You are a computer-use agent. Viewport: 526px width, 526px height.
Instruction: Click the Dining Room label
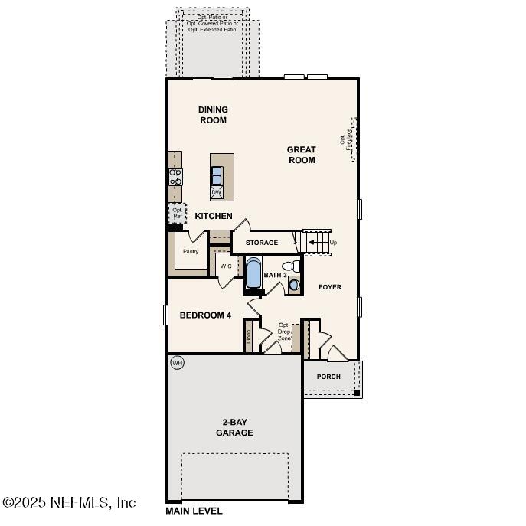click(x=213, y=115)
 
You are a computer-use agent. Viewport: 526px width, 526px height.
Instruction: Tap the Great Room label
click(x=301, y=155)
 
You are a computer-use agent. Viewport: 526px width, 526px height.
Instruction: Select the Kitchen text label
click(x=213, y=216)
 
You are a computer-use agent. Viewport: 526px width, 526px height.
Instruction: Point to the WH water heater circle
click(x=178, y=362)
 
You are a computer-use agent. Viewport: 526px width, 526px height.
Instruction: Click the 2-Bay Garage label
click(x=237, y=427)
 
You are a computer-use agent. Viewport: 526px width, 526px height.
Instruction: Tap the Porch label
click(x=328, y=377)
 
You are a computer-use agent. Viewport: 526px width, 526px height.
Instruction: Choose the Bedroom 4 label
click(x=205, y=315)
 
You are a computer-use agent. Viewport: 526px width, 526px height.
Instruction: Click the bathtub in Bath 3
click(x=253, y=274)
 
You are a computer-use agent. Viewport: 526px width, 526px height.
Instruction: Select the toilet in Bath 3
click(x=289, y=267)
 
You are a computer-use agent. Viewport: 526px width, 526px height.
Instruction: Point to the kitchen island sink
click(x=217, y=172)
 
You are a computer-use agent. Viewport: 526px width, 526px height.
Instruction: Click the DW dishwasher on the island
click(x=217, y=192)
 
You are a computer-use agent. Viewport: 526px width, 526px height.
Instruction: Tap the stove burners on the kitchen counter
click(x=175, y=177)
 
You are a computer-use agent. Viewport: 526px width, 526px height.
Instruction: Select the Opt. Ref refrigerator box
click(x=177, y=213)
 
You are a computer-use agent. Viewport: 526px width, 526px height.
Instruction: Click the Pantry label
click(x=190, y=251)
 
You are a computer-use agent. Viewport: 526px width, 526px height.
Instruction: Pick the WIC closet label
click(x=226, y=266)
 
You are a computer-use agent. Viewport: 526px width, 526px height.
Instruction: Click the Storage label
click(x=262, y=243)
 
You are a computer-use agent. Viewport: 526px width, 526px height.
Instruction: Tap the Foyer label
click(x=330, y=287)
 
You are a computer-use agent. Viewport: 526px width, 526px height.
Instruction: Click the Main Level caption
click(x=194, y=511)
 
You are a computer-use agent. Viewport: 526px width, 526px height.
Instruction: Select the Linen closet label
click(x=248, y=336)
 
